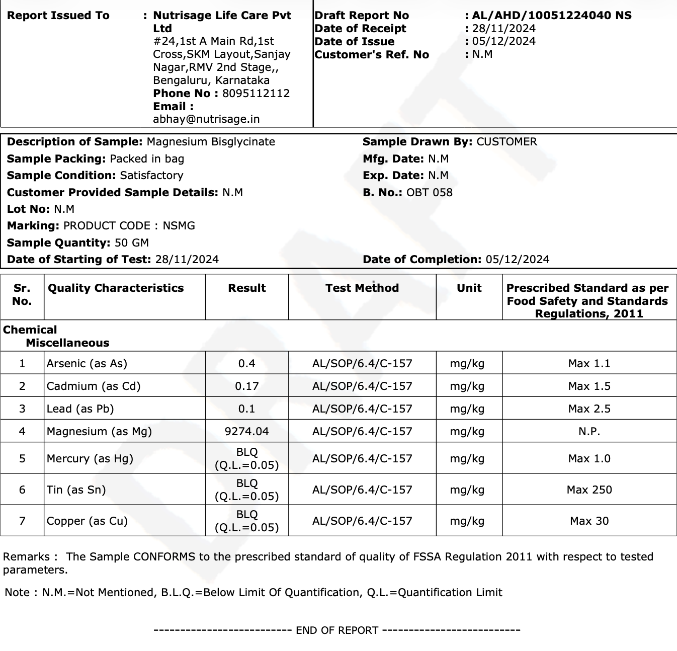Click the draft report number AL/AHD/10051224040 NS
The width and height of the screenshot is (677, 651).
[551, 16]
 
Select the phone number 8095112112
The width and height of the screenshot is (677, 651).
[256, 94]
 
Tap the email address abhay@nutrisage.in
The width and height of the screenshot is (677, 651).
[206, 119]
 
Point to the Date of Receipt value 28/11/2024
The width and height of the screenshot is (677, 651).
[503, 29]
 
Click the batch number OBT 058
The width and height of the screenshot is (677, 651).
[429, 193]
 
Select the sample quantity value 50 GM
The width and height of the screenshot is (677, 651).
[132, 243]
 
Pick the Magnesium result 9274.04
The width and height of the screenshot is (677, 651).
[246, 432]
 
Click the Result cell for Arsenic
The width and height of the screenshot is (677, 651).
[246, 364]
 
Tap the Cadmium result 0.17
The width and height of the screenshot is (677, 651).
[246, 386]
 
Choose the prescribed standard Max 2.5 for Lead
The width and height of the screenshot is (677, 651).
[589, 409]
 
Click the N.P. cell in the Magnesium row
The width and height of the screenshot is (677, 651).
[589, 432]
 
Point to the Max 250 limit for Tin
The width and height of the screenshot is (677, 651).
[589, 490]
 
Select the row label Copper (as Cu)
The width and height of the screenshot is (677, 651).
[87, 521]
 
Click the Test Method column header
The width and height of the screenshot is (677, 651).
[362, 288]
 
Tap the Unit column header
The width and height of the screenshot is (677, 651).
[469, 288]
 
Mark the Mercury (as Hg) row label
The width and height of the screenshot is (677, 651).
[90, 459]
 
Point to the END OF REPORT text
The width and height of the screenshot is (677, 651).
[337, 630]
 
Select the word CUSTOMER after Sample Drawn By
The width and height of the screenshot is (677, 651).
[506, 142]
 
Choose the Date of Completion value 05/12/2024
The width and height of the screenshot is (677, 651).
[517, 260]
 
